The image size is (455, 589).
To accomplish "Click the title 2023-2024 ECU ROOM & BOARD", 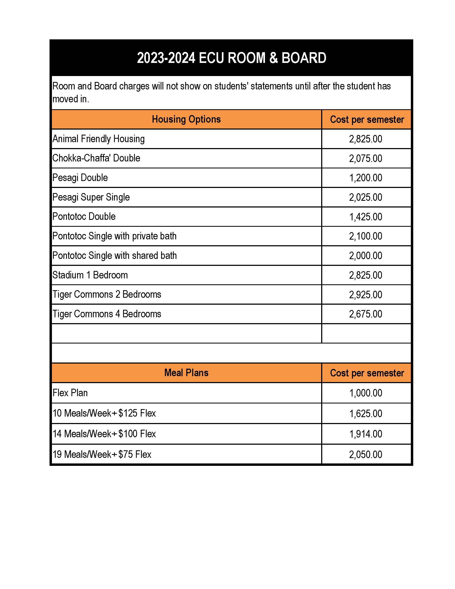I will pyautogui.click(x=232, y=58).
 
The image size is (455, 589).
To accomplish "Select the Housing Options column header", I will pyautogui.click(x=186, y=119).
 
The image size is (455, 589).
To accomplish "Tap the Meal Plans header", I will pyautogui.click(x=186, y=373).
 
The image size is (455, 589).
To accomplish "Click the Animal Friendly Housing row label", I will pyautogui.click(x=98, y=139).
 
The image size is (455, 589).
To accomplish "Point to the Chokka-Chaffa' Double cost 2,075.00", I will pyautogui.click(x=366, y=158).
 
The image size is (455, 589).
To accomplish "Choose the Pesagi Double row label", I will pyautogui.click(x=80, y=178).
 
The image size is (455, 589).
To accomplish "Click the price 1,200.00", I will pyautogui.click(x=366, y=178).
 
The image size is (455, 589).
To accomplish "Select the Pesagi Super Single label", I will pyautogui.click(x=91, y=197).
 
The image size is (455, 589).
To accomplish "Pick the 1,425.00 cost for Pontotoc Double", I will pyautogui.click(x=366, y=217).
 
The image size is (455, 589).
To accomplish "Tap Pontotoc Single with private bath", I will pyautogui.click(x=114, y=236).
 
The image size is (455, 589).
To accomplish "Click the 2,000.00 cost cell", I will pyautogui.click(x=366, y=256).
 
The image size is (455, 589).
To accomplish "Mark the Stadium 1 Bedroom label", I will pyautogui.click(x=90, y=275).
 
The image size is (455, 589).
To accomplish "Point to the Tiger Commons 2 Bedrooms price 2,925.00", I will pyautogui.click(x=366, y=295).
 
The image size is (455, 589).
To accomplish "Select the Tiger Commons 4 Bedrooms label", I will pyautogui.click(x=107, y=314).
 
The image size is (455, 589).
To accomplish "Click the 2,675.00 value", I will pyautogui.click(x=366, y=314).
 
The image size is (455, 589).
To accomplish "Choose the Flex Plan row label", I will pyautogui.click(x=70, y=393).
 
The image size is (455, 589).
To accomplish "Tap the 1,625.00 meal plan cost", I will pyautogui.click(x=366, y=413).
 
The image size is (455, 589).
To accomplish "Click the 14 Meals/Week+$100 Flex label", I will pyautogui.click(x=104, y=434).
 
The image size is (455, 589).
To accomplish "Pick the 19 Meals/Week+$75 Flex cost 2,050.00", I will pyautogui.click(x=366, y=455).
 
